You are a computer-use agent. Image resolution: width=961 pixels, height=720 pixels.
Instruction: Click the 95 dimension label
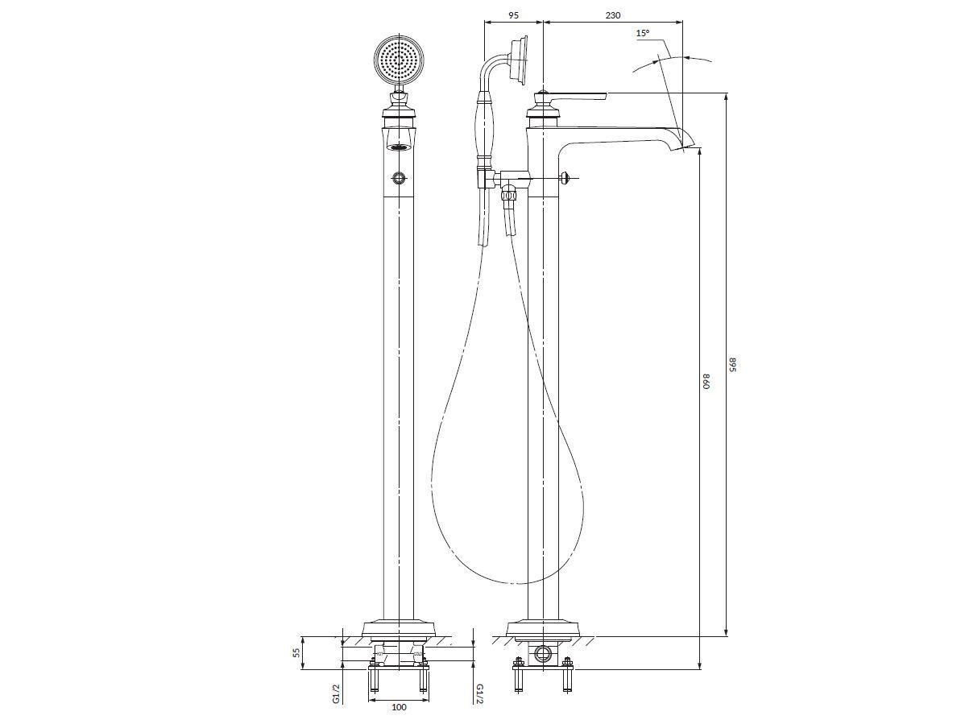point(514,15)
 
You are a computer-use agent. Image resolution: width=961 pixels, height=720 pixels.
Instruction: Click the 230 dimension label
point(613,15)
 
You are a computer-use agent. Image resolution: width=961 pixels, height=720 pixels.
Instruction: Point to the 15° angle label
point(642,34)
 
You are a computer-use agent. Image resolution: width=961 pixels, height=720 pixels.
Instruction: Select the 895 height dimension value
point(731,364)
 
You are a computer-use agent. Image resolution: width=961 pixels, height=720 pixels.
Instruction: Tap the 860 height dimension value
point(706,382)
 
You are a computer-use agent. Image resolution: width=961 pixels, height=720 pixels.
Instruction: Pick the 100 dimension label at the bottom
point(399,707)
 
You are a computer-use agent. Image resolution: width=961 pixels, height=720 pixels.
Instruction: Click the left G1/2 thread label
point(335,693)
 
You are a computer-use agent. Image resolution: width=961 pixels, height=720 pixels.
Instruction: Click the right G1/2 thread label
point(480,693)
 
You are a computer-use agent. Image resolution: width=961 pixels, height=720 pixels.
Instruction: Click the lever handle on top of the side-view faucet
point(570,96)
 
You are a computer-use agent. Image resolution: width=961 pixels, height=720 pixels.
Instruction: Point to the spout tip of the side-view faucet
point(690,147)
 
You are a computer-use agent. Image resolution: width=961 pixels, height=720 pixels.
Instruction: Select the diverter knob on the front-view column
point(399,178)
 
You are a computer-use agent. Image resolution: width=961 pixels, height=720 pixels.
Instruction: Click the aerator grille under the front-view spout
point(399,147)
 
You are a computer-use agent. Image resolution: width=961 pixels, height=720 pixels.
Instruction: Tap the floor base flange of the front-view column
point(399,629)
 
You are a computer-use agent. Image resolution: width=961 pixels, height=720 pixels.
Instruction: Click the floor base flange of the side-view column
point(544,629)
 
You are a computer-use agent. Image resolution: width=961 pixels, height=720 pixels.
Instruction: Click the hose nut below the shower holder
point(508,196)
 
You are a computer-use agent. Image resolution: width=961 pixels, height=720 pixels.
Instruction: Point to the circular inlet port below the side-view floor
point(542,653)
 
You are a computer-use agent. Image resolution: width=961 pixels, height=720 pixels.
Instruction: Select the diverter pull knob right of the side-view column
point(566,178)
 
